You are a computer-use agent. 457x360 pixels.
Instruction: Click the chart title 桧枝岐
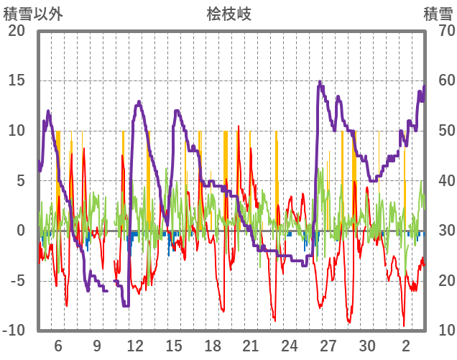point(228,14)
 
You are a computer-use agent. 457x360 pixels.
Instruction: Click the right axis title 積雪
point(437,14)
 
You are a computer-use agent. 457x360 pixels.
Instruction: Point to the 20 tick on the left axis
point(16,31)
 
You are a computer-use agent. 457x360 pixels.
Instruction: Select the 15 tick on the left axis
point(16,80)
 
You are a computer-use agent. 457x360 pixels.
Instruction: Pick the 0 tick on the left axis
point(20,231)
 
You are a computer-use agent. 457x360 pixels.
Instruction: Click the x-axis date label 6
point(58,346)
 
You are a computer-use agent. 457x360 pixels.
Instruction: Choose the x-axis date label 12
point(135,346)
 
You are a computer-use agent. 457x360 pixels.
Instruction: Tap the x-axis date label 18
point(212,346)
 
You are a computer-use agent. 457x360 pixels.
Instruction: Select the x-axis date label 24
point(290,346)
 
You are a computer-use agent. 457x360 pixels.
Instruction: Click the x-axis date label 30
point(366,346)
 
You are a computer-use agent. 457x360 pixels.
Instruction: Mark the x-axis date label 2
point(406,346)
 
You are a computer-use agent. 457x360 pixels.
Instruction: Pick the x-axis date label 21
point(251,346)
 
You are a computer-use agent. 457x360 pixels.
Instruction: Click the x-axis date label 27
point(328,346)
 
